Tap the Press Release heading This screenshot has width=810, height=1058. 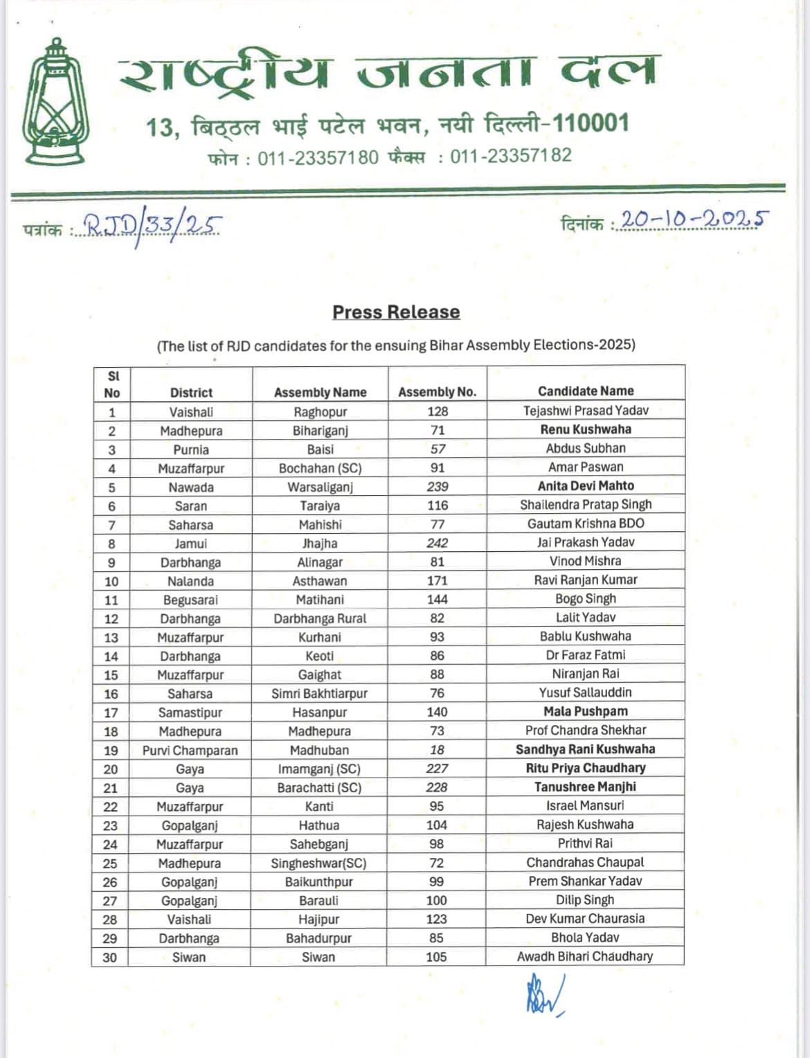pos(396,312)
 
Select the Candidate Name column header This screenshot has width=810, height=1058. pos(586,391)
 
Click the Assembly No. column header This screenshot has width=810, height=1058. pos(437,392)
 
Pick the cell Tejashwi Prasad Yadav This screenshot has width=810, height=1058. pos(586,411)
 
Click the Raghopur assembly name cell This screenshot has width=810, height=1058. pos(320,412)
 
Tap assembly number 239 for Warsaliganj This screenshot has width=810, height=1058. pos(438,487)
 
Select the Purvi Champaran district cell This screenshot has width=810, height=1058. pos(190,751)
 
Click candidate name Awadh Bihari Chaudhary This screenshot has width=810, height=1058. pos(585,956)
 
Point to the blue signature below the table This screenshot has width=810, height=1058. pos(543,994)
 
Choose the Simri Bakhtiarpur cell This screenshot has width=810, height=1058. pos(319,694)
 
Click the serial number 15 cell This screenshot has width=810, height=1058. pos(111,675)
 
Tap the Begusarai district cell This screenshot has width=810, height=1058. pos(190,600)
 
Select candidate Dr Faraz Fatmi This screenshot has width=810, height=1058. pos(585,655)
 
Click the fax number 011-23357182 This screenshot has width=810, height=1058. pos(511,156)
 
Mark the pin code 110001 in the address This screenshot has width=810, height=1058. pos(591,123)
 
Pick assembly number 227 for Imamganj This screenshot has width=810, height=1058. pos(437,769)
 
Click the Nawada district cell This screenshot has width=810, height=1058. pos(191,487)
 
